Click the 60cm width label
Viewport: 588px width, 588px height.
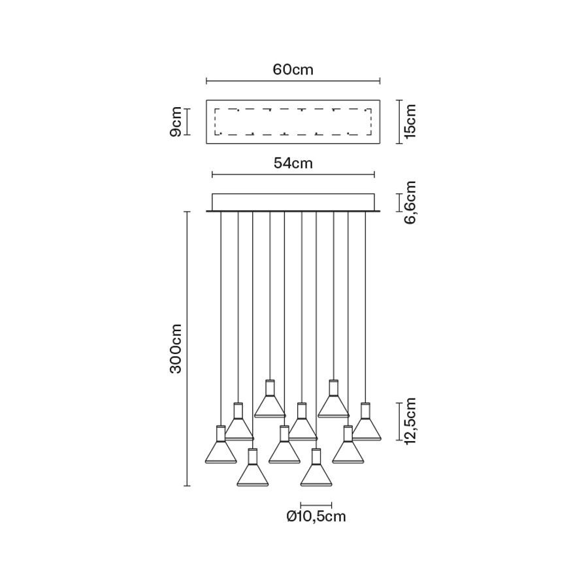pyautogui.click(x=293, y=70)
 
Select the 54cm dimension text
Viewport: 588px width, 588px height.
pyautogui.click(x=293, y=163)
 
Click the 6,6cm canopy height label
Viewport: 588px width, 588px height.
pyautogui.click(x=410, y=203)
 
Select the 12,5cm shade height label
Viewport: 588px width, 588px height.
pyautogui.click(x=410, y=421)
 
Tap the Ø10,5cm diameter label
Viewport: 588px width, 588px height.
pyautogui.click(x=316, y=517)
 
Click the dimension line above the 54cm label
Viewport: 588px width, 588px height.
pyautogui.click(x=293, y=174)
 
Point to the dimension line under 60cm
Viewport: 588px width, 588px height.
pyautogui.click(x=293, y=81)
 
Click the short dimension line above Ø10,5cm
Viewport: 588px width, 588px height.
pyautogui.click(x=316, y=504)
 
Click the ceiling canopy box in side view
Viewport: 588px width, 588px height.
pyautogui.click(x=293, y=202)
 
